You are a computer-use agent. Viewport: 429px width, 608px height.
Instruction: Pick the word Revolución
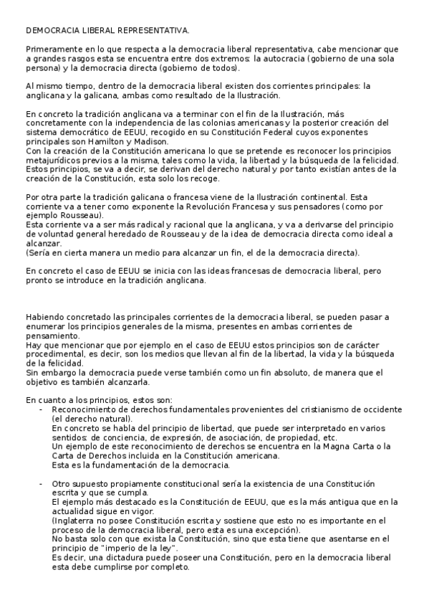[x=184, y=206]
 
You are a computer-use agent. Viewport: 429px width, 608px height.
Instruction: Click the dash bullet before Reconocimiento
[x=41, y=409]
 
